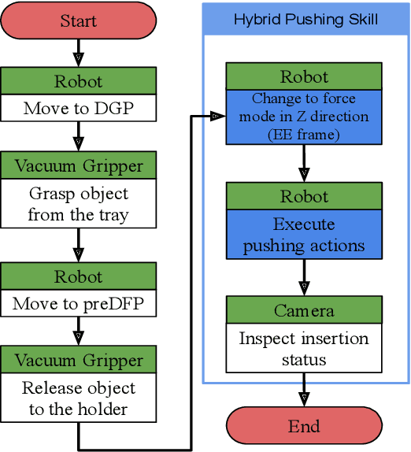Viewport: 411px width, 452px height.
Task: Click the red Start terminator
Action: (78, 20)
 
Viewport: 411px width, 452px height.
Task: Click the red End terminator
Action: (304, 426)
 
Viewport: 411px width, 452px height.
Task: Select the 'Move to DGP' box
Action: (78, 108)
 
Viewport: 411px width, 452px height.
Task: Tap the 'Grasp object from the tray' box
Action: (78, 203)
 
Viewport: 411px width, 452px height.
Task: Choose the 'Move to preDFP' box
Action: (78, 302)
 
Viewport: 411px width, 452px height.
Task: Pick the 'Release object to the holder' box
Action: (78, 398)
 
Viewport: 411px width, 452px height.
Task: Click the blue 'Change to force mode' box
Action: (304, 117)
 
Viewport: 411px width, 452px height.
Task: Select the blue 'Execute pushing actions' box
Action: (304, 235)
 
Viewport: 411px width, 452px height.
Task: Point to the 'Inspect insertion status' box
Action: (304, 348)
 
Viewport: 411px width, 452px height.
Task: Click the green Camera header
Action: (304, 310)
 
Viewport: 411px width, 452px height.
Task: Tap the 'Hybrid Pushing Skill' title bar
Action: (305, 19)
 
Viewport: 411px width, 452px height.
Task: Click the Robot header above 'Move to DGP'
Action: (78, 81)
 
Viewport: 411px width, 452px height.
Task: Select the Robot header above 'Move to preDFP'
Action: (78, 276)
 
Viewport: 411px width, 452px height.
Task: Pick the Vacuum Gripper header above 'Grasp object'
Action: (78, 165)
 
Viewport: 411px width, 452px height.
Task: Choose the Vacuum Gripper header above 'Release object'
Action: (78, 360)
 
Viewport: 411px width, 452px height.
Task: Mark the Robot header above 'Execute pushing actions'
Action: (304, 196)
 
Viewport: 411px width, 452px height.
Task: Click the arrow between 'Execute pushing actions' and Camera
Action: (304, 276)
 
